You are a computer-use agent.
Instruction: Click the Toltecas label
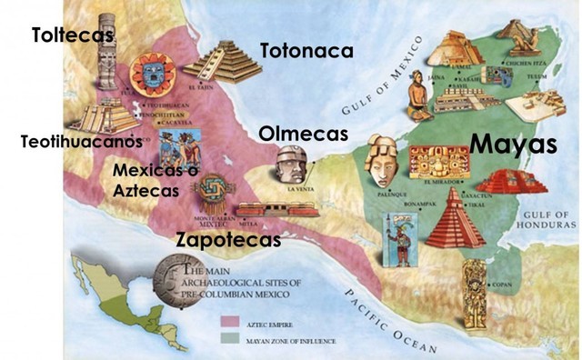coord(73,35)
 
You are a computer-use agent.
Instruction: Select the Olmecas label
coord(303,134)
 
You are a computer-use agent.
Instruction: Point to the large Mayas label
coord(513,145)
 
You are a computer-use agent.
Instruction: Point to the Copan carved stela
coord(474,295)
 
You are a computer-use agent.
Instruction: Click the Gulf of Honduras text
coord(551,218)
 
